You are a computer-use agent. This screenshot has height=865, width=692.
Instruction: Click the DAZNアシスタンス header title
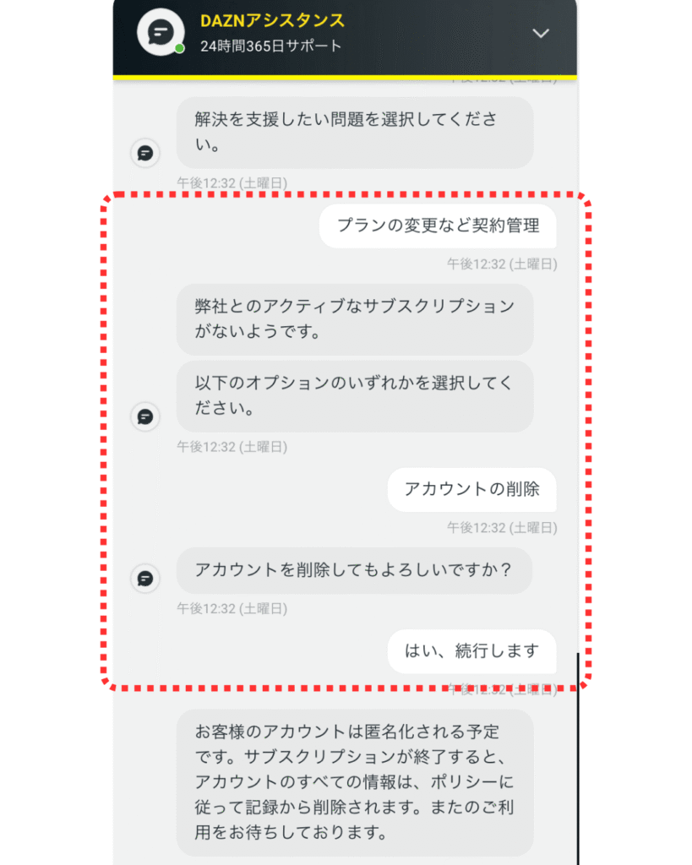point(273,21)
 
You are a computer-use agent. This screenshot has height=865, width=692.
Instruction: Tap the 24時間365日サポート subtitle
point(271,46)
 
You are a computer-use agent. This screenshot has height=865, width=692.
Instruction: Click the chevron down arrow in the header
point(541,33)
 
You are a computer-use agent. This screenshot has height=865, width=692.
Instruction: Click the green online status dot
point(179,49)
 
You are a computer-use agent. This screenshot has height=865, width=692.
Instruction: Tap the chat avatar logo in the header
point(161,33)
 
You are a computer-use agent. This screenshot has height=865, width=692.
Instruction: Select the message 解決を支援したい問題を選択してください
point(354,132)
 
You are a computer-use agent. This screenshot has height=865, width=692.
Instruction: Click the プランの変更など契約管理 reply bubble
point(438,226)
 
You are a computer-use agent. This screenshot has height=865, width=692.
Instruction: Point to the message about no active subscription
point(354,318)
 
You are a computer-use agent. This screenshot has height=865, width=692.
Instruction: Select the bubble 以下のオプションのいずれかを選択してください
point(354,395)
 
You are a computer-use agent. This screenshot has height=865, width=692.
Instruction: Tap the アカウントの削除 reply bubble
point(471,489)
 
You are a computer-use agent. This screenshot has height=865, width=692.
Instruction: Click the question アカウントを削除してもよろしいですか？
point(354,570)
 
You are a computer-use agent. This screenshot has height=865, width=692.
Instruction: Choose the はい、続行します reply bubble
point(471,650)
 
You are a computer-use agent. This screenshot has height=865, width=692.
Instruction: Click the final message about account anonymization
point(354,781)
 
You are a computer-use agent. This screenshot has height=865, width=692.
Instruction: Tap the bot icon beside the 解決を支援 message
point(145,153)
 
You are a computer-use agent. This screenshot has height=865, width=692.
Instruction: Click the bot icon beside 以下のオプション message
point(145,416)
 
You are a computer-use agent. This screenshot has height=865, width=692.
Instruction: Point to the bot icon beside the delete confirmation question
point(145,578)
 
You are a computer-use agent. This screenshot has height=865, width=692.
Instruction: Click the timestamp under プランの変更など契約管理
point(502,264)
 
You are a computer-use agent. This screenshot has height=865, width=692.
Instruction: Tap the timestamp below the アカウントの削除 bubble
point(502,528)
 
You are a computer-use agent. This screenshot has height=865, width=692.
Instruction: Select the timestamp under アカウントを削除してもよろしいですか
point(232,607)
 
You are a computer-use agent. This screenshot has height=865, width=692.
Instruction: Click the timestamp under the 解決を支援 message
point(232,182)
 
